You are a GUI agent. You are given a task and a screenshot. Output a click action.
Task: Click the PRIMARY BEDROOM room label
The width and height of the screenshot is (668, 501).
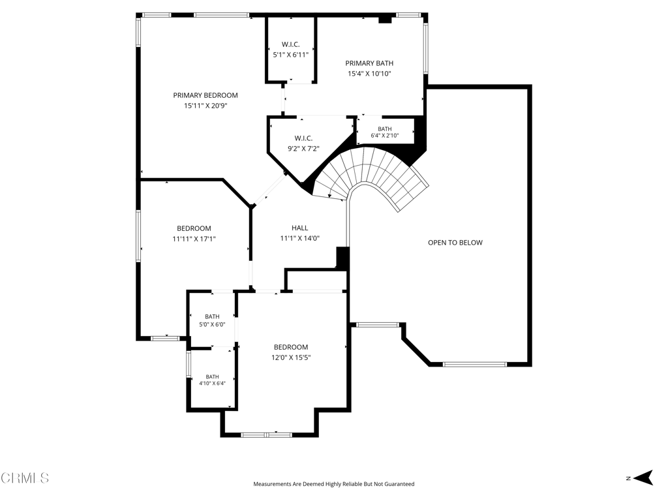coord(205,95)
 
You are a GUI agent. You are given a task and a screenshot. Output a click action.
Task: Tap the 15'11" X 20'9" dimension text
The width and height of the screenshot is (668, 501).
coord(205,106)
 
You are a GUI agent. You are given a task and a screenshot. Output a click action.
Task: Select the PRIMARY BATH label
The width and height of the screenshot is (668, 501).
coord(369,63)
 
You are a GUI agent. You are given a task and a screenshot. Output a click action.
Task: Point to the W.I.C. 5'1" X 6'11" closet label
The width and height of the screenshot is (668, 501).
coord(290,50)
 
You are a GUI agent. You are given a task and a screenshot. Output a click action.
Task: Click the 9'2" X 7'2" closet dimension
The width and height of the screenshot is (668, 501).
coord(304,149)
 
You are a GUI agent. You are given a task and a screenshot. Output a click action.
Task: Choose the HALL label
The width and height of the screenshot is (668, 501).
coord(300,228)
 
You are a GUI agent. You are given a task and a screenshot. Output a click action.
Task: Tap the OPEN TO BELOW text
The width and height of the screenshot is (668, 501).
coord(455,243)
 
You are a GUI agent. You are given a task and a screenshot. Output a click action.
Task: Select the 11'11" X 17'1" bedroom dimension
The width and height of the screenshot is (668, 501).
coord(194,239)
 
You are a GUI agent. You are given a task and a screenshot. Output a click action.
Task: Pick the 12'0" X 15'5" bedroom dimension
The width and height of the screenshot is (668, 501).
coord(291,357)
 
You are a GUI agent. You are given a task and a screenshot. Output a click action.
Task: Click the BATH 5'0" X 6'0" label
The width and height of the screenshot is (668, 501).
coord(212,320)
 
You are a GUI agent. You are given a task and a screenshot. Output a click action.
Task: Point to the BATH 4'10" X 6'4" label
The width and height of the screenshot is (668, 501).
coord(212,380)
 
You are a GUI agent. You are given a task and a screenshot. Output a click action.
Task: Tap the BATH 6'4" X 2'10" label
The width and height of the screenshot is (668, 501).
coord(385,132)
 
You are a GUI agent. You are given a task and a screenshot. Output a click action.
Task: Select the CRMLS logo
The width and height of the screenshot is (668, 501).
coord(24,478)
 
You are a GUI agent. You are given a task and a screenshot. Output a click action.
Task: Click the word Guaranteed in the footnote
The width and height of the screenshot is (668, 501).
coord(400,484)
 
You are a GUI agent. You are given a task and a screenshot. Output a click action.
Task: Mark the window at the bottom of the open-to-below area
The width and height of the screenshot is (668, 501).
coord(475,364)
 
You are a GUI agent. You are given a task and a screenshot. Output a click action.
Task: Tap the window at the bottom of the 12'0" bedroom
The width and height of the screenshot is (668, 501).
coord(267,435)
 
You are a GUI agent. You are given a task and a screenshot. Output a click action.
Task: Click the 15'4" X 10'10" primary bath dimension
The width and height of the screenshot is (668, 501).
coord(369,74)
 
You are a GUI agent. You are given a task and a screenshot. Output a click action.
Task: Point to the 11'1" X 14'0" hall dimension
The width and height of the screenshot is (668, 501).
coord(300,239)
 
